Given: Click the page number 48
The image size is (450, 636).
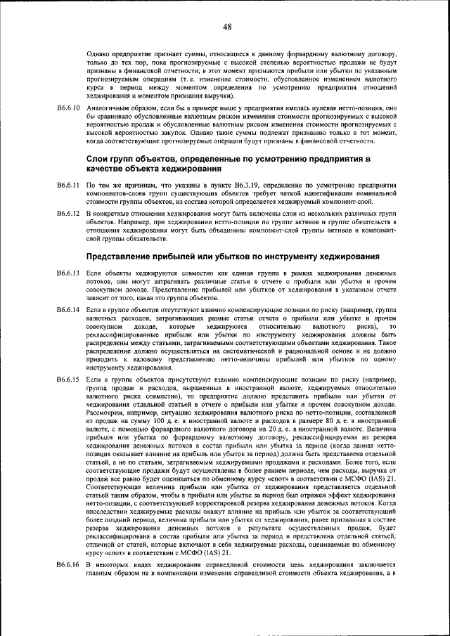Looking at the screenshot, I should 227,27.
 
